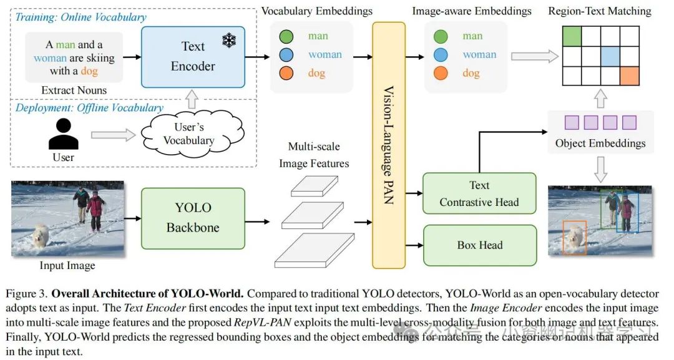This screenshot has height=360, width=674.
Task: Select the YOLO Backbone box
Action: tap(192, 218)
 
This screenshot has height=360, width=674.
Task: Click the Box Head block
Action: tap(479, 245)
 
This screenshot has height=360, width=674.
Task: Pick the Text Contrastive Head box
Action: tap(479, 193)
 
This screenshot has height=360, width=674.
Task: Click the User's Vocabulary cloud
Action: tap(188, 134)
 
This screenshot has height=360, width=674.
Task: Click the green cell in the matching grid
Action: tap(572, 36)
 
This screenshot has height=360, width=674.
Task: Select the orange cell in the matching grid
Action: tap(630, 75)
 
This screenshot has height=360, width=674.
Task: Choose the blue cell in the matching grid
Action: tap(610, 56)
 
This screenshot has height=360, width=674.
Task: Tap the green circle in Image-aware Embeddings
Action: tap(440, 36)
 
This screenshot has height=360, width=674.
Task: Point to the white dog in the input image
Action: tap(41, 236)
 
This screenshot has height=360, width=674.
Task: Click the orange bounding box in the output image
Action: tap(574, 236)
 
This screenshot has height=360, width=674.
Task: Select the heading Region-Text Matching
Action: tap(599, 11)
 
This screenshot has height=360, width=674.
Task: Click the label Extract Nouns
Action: tap(74, 90)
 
